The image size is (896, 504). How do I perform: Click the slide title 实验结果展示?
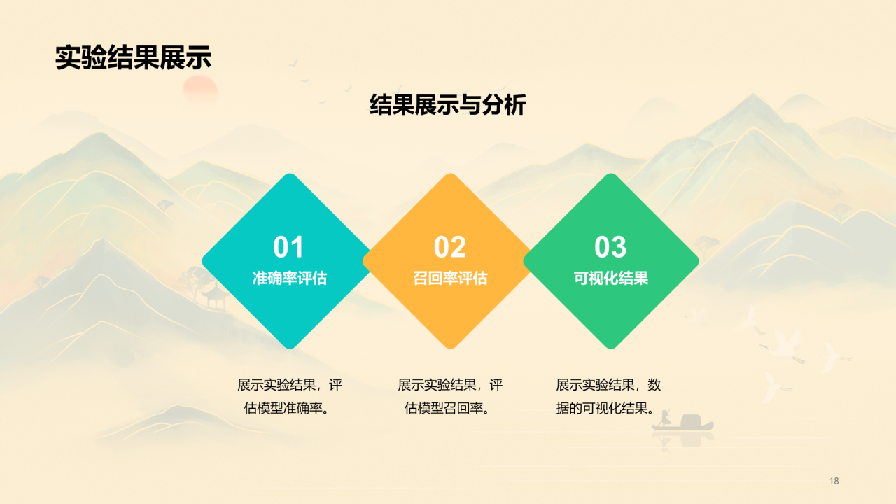(133, 57)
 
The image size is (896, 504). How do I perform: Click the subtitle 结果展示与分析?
(448, 105)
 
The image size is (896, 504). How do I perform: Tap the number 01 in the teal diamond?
(288, 247)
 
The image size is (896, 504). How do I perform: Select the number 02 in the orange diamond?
(450, 247)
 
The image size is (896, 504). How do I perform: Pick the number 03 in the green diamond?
(610, 247)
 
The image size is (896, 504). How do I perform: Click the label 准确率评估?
(290, 278)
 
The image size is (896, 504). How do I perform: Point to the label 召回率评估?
(450, 278)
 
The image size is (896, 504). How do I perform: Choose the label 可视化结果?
(611, 278)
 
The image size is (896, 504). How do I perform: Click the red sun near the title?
(200, 88)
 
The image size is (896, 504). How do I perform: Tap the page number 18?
(834, 481)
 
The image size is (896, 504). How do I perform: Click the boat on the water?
(683, 424)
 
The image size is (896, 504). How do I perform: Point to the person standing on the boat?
(665, 419)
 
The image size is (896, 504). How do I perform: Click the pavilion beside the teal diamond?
(216, 296)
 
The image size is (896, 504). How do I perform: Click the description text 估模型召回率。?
(447, 408)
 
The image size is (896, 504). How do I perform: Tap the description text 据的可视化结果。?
(605, 408)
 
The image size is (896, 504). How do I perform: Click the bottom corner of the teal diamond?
(290, 349)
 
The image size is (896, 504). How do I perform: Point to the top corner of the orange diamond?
(450, 174)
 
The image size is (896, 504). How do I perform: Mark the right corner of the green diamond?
(699, 261)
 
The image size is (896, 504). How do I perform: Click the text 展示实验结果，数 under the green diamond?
(608, 385)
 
